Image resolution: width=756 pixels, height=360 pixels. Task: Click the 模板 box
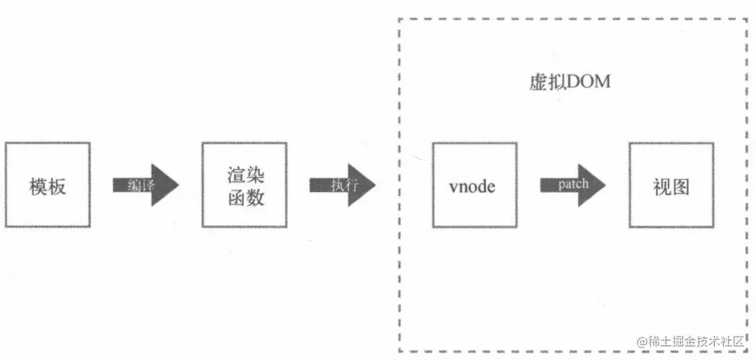pyautogui.click(x=47, y=185)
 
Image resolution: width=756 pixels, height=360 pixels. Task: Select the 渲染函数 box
pyautogui.click(x=244, y=185)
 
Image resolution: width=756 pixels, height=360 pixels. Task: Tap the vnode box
pyautogui.click(x=475, y=185)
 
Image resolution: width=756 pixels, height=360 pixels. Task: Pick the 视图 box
pyautogui.click(x=671, y=185)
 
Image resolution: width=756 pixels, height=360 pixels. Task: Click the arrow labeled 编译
pyautogui.click(x=146, y=185)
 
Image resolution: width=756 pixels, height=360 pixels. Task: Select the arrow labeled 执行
pyautogui.click(x=342, y=185)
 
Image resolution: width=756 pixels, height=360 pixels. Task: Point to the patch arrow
pyautogui.click(x=573, y=185)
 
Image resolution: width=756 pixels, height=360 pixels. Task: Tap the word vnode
pyautogui.click(x=472, y=186)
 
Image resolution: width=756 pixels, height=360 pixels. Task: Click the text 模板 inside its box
pyautogui.click(x=48, y=186)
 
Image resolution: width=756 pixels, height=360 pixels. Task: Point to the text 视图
pyautogui.click(x=671, y=186)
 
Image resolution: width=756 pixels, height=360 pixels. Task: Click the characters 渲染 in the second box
pyautogui.click(x=245, y=176)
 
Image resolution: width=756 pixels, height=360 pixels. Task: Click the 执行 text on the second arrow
pyautogui.click(x=339, y=185)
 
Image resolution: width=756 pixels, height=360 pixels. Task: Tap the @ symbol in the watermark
pyautogui.click(x=642, y=341)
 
